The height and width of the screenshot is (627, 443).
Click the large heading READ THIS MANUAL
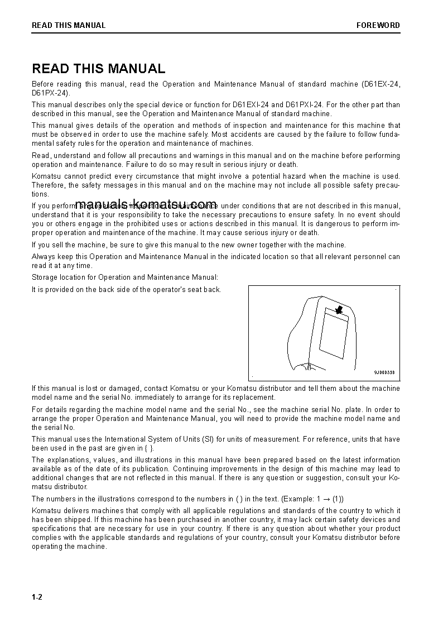tap(99, 69)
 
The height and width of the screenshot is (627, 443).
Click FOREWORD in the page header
tap(378, 25)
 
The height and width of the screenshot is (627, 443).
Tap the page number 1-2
tap(37, 597)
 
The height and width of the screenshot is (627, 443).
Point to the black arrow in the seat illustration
tap(338, 310)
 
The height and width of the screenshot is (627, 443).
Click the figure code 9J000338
tap(384, 372)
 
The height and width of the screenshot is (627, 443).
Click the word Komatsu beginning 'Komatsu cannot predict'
tap(46, 176)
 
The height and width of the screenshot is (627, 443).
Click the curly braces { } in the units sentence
tap(146, 448)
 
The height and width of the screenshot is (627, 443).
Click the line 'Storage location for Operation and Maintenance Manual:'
tap(125, 277)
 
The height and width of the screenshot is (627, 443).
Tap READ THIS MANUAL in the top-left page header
tap(69, 25)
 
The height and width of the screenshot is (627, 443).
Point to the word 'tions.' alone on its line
tap(41, 194)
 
